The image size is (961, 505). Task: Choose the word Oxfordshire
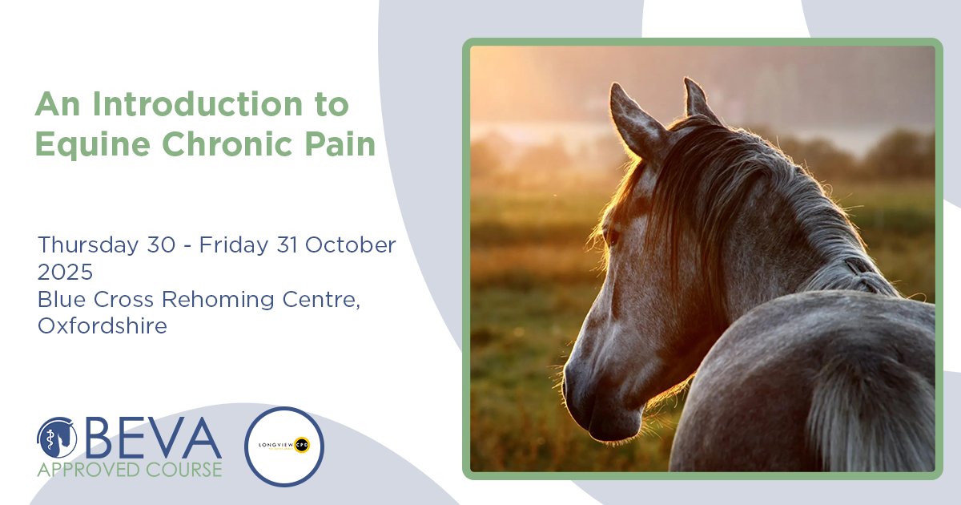103,326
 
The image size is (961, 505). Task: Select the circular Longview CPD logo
283,446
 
